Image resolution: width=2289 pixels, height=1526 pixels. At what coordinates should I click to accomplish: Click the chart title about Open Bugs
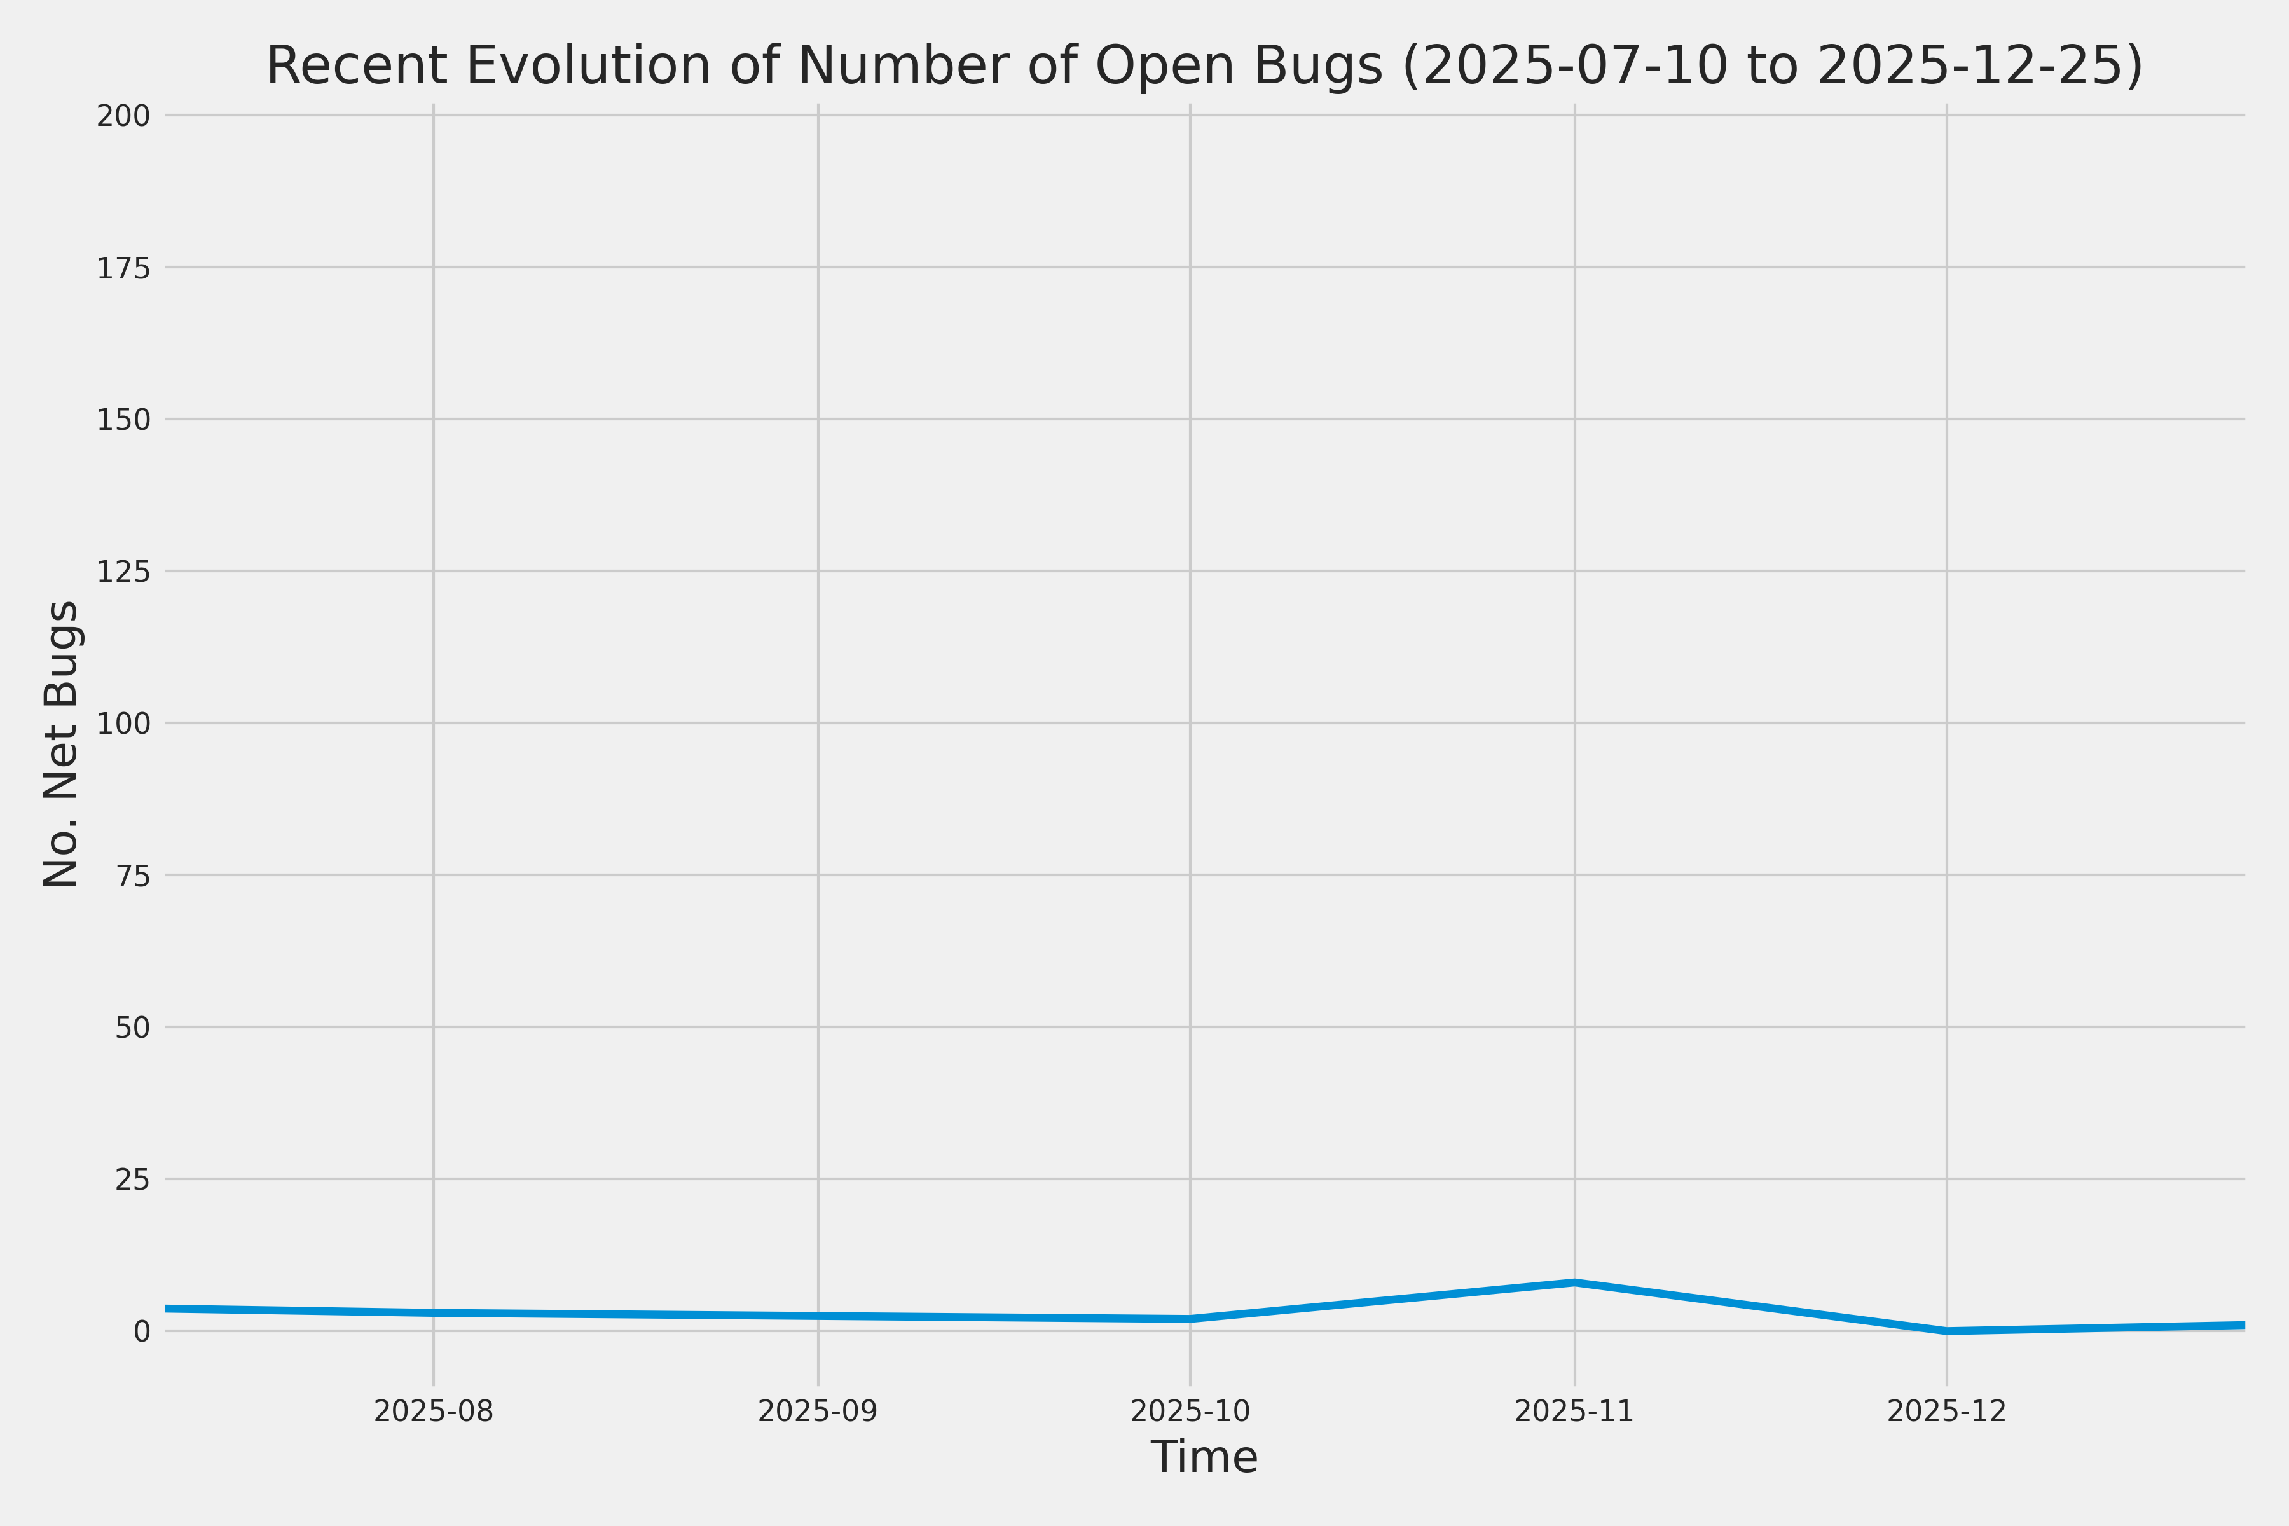1204,66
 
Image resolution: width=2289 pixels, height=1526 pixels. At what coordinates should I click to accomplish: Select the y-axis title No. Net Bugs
61,743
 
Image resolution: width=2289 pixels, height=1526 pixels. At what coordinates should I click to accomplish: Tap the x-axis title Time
1204,1457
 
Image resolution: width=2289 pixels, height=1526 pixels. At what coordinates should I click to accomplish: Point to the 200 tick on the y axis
123,116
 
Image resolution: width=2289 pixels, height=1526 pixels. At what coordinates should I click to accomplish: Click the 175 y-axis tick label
123,268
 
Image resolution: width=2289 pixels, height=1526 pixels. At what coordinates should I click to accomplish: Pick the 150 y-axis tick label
123,420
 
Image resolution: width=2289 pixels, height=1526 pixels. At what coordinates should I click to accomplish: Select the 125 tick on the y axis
123,571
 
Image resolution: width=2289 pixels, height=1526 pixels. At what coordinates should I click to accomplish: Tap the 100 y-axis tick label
123,723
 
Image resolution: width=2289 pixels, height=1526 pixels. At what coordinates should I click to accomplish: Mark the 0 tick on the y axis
142,1330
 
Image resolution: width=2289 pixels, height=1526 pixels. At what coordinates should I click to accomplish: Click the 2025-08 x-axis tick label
433,1410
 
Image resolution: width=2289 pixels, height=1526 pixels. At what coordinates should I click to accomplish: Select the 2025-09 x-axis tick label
818,1410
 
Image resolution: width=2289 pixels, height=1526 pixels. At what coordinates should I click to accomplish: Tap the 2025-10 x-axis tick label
1189,1410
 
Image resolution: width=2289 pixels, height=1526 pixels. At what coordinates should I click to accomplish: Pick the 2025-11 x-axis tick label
1574,1410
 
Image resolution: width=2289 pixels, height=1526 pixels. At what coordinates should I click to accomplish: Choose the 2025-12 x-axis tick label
1946,1410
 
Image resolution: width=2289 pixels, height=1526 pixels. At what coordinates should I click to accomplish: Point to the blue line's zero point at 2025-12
1946,1330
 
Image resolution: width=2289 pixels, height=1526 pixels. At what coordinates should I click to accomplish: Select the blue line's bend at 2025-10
1189,1319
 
